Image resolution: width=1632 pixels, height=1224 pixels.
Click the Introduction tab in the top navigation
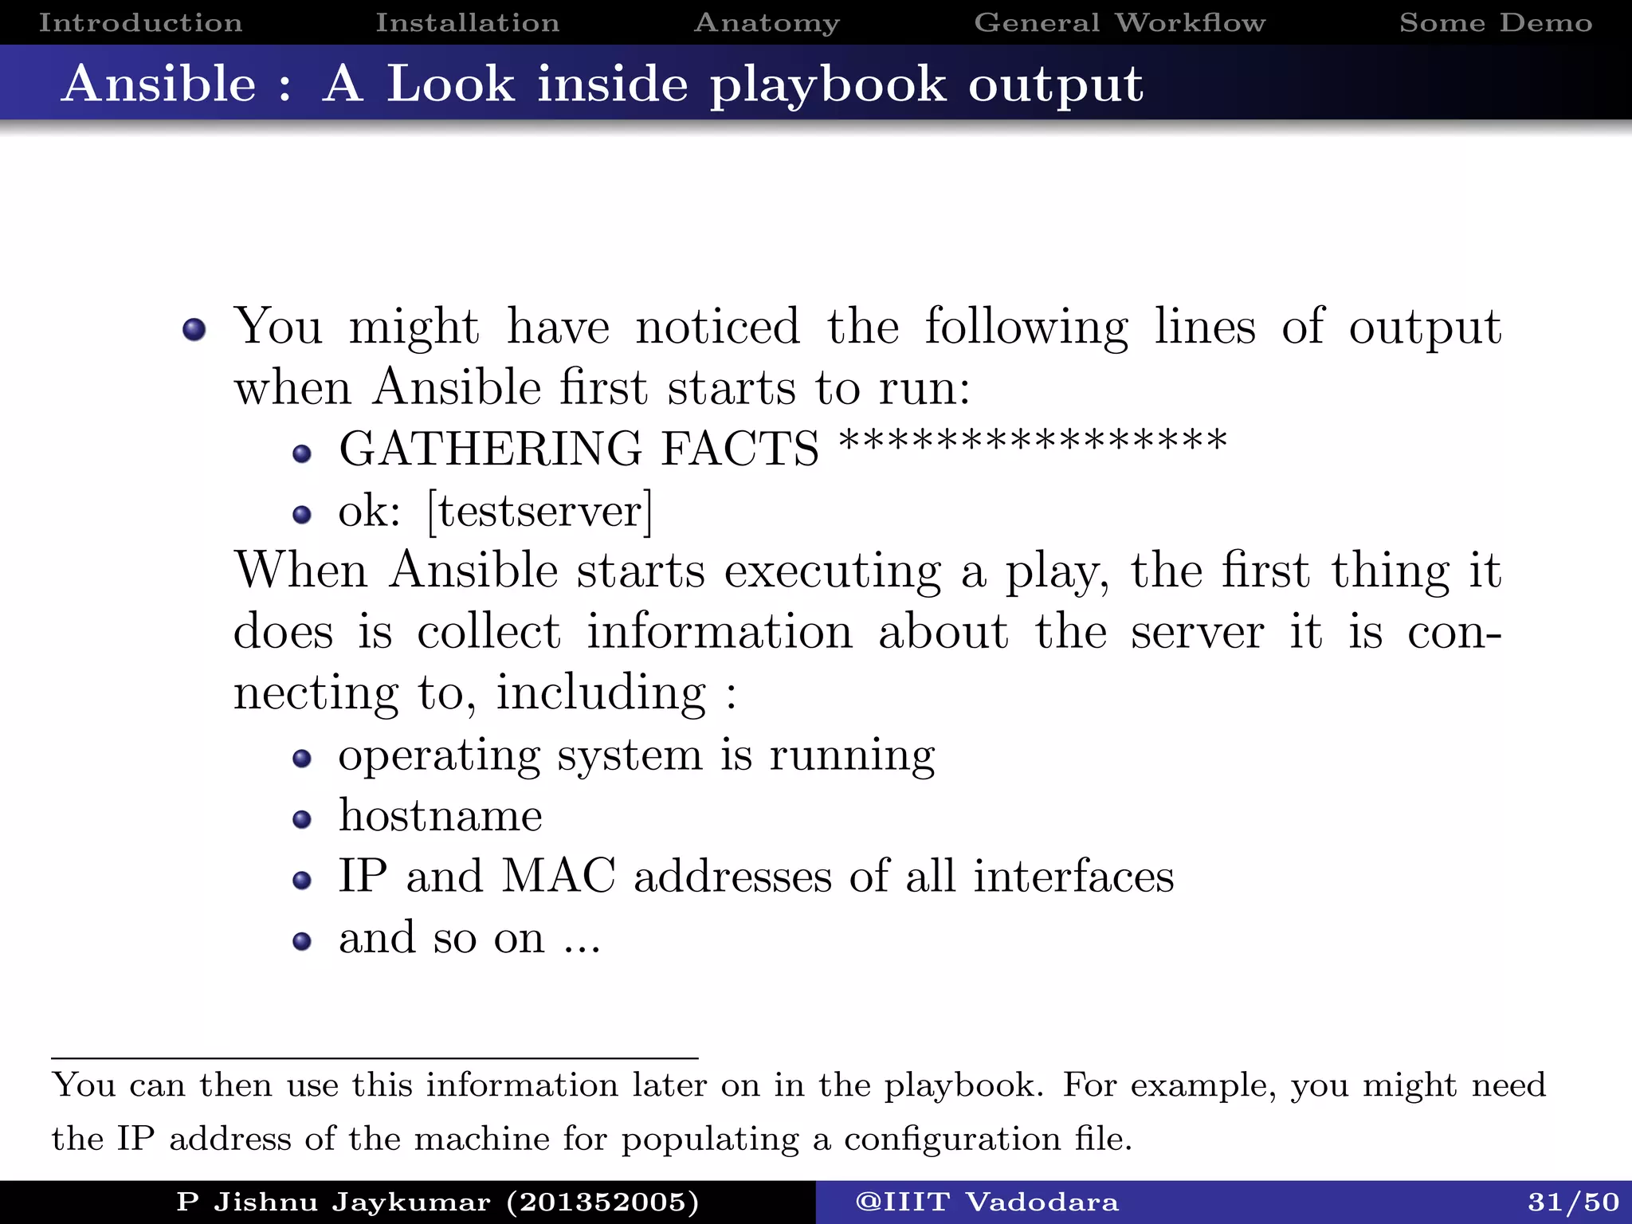point(140,22)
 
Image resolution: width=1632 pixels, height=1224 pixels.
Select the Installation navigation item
point(468,22)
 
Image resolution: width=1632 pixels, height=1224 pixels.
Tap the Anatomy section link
point(767,22)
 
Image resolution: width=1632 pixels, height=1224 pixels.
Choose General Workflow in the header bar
point(1120,22)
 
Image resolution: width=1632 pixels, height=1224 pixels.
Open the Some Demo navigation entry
point(1496,22)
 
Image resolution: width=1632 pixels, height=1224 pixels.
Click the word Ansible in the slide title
point(159,84)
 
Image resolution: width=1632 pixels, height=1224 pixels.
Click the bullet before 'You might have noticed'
point(194,329)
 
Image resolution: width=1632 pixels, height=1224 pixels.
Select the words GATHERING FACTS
point(579,449)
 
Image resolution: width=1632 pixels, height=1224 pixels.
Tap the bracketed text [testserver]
point(539,511)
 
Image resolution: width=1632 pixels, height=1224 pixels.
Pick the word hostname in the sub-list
point(441,816)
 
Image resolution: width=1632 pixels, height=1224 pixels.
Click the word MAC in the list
point(559,876)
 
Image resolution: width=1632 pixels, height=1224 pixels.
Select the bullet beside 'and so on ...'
point(301,942)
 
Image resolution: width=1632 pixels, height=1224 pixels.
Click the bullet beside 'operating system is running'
point(301,759)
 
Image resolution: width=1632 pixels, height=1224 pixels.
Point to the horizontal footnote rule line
point(375,1058)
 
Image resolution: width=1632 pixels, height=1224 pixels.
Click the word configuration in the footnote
point(952,1139)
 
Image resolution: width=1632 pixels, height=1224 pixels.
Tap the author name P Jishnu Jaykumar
point(333,1202)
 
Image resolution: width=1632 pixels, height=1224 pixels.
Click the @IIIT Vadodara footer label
point(987,1202)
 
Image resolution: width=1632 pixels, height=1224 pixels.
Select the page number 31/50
point(1573,1202)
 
